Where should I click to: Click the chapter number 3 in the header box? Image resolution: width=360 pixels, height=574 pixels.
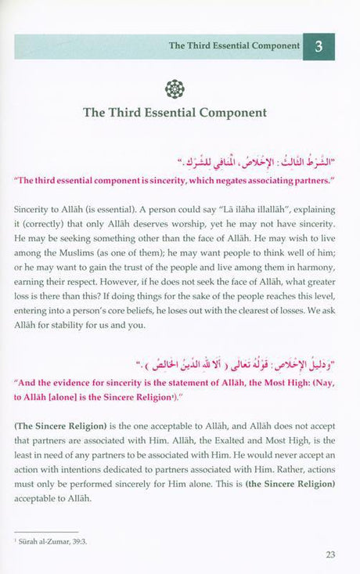(319, 46)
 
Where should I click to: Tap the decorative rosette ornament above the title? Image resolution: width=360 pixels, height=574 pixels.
(175, 88)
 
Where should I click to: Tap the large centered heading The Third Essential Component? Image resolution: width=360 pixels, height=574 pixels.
(175, 113)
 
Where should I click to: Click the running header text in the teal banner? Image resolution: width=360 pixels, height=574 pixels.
(234, 45)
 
